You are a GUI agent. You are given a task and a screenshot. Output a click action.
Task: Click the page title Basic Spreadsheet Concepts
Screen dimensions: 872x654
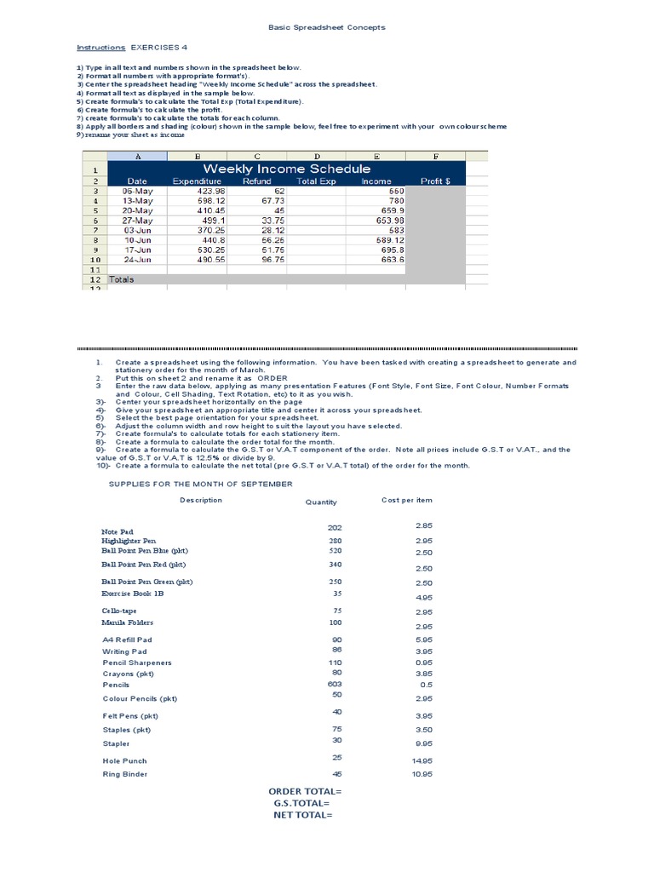[x=327, y=27]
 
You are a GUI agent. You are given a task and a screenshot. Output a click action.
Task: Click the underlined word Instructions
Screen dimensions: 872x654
[x=100, y=48]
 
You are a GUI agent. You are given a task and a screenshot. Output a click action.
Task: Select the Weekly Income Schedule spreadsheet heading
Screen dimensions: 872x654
[x=286, y=169]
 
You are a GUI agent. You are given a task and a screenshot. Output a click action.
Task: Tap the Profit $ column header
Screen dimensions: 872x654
[x=435, y=181]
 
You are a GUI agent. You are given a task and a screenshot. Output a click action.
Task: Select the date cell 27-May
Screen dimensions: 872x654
[x=136, y=220]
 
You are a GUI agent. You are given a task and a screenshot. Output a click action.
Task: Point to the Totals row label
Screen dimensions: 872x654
[x=122, y=279]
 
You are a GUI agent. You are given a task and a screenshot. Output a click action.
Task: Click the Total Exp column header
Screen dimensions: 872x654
[x=317, y=181]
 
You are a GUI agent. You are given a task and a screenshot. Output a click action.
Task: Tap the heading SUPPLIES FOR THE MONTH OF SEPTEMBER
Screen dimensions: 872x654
[x=201, y=484]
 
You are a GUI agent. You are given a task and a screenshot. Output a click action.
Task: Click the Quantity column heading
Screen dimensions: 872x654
[x=321, y=502]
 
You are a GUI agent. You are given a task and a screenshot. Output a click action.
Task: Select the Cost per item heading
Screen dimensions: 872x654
[x=406, y=500]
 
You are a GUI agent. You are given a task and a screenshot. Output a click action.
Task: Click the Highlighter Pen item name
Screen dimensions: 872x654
[x=129, y=541]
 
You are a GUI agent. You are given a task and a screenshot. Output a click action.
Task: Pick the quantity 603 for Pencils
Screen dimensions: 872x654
[x=334, y=685]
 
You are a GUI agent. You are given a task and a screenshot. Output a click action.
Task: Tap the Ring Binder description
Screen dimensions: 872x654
[x=125, y=774]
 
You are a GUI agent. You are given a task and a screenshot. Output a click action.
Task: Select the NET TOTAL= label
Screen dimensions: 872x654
[x=302, y=814]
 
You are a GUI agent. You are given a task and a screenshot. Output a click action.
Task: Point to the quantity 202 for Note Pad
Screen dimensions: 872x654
[x=334, y=528]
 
